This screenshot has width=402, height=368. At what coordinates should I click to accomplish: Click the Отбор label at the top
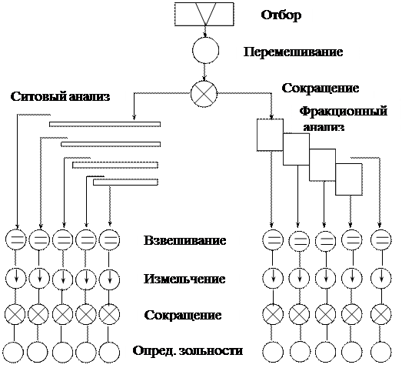[281, 15]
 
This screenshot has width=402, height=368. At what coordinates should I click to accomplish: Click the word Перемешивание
[293, 52]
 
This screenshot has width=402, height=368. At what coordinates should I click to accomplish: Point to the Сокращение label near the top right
[321, 88]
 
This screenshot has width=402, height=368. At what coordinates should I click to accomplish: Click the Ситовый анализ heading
[61, 97]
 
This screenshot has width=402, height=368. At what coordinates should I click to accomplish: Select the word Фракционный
[344, 112]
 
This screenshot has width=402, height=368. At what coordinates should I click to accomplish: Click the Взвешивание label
[184, 240]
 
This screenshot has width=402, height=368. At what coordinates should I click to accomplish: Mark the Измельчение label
[184, 279]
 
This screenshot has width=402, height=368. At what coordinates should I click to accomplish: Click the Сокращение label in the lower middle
[183, 315]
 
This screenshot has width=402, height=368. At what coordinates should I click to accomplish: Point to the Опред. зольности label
[188, 351]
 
